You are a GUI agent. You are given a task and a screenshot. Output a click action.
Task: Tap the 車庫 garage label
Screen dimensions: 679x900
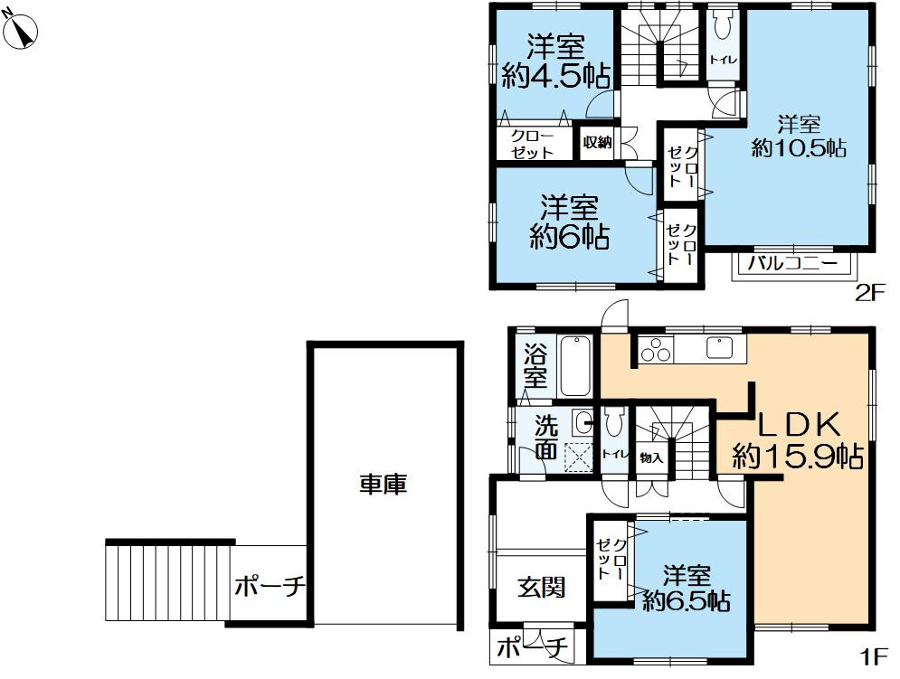[x=383, y=485]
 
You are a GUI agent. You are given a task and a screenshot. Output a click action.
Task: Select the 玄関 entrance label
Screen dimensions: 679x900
[x=542, y=588]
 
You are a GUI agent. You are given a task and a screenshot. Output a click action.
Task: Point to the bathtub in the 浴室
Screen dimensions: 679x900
[x=574, y=366]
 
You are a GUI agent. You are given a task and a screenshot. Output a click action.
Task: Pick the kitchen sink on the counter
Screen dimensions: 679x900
[x=721, y=347]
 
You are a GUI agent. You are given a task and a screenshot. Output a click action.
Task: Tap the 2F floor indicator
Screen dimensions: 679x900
[x=869, y=292]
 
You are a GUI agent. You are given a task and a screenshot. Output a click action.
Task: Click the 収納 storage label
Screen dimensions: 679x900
[x=597, y=143]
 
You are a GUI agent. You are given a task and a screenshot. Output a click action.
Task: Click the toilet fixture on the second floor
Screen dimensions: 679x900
[x=721, y=28]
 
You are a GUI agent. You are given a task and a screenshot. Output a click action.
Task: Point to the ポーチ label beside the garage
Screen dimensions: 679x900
[x=269, y=588]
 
